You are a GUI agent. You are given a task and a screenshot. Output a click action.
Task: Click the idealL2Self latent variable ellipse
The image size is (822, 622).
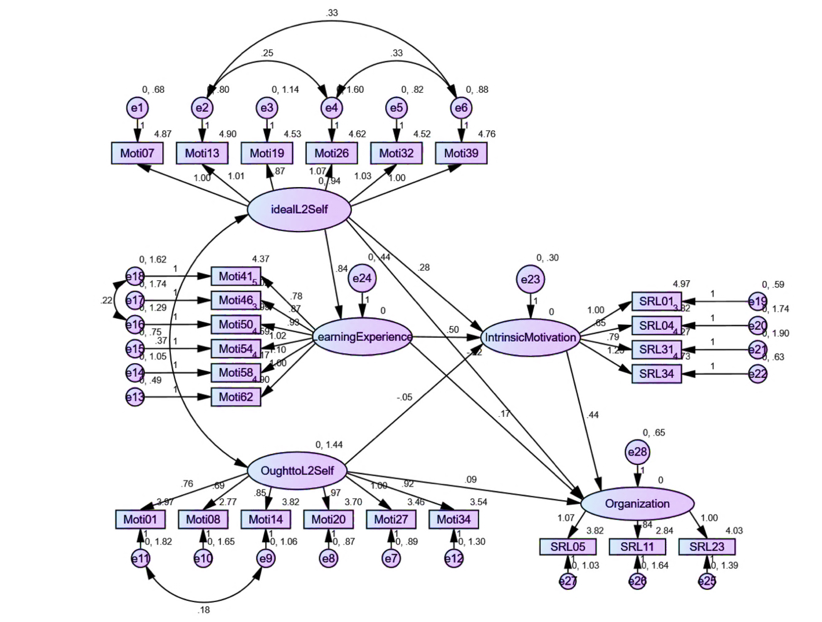tap(299, 210)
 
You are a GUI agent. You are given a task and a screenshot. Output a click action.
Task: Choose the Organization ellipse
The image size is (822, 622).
tap(637, 504)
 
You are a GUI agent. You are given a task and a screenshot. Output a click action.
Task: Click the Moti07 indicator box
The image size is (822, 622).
tap(137, 153)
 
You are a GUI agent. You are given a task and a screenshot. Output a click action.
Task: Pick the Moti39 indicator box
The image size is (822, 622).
tap(461, 153)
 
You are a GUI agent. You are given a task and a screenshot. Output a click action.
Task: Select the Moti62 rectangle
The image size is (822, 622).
tap(236, 397)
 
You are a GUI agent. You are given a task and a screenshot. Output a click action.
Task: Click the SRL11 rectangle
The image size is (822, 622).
tap(637, 546)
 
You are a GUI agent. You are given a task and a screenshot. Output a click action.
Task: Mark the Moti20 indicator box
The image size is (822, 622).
tap(328, 519)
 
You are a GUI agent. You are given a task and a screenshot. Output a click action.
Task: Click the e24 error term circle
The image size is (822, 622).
tap(362, 278)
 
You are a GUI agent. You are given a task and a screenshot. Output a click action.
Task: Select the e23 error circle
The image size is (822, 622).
tap(530, 279)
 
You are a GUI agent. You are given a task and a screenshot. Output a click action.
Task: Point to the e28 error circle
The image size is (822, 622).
tap(637, 452)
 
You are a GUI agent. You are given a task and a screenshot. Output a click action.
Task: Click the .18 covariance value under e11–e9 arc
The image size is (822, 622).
tap(204, 610)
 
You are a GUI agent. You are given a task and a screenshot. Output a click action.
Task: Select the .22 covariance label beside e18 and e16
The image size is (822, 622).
tap(106, 300)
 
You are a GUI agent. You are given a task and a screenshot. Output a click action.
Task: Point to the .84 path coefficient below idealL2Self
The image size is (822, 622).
tap(341, 269)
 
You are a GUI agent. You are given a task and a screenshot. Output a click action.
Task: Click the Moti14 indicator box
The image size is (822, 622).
tap(266, 519)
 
